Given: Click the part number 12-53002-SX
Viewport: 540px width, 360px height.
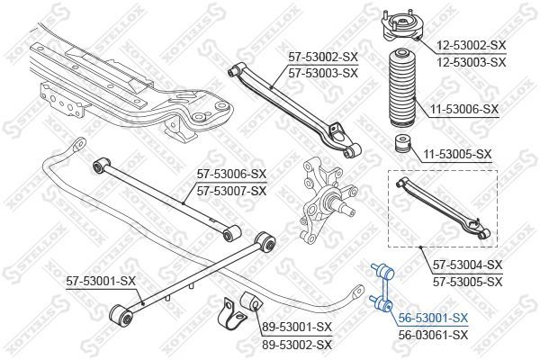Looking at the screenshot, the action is pyautogui.click(x=472, y=45).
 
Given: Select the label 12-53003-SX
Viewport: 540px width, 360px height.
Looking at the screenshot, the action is pyautogui.click(x=472, y=62).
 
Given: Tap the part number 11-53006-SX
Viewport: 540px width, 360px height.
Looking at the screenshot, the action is pyautogui.click(x=463, y=110).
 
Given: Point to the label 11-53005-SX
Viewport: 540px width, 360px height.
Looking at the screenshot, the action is pyautogui.click(x=457, y=154).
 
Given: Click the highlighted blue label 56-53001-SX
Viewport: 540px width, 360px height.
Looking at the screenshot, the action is pyautogui.click(x=433, y=318).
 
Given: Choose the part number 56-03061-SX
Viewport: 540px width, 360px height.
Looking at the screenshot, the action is pyautogui.click(x=433, y=335).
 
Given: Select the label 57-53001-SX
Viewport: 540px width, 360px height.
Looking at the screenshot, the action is pyautogui.click(x=101, y=282).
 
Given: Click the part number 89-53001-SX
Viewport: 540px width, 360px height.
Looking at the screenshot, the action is pyautogui.click(x=297, y=327).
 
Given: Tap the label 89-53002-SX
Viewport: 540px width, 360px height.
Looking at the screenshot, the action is pyautogui.click(x=297, y=345).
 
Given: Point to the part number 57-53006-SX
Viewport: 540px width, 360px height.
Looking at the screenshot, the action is pyautogui.click(x=232, y=174).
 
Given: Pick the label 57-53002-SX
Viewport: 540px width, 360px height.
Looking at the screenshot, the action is pyautogui.click(x=323, y=57).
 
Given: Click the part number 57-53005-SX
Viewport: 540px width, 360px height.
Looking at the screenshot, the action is pyautogui.click(x=468, y=282).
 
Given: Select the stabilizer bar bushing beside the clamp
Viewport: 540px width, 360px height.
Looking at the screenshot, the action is pyautogui.click(x=251, y=301).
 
